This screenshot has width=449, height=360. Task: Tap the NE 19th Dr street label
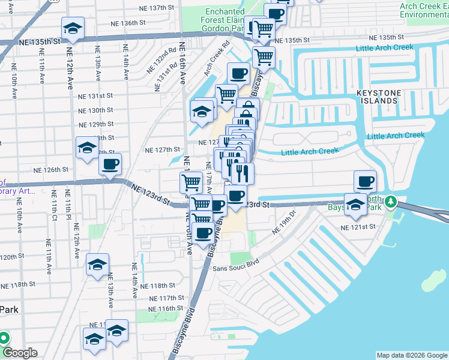285,222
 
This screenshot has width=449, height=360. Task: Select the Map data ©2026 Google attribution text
411,355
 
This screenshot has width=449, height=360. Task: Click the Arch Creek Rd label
217,55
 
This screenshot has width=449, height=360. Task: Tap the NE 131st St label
96,96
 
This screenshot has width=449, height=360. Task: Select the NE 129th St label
96,124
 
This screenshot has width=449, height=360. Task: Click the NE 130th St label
96,110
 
